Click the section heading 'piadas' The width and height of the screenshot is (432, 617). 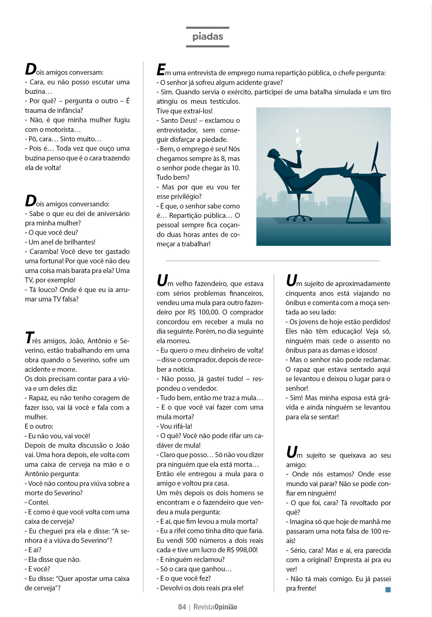click(208, 37)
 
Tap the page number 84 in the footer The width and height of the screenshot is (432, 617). click(182, 607)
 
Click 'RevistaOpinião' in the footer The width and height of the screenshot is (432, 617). click(215, 607)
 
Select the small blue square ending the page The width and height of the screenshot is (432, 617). click(388, 590)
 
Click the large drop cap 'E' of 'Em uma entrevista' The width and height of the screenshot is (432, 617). click(161, 69)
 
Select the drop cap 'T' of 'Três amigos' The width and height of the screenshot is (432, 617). click(29, 338)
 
